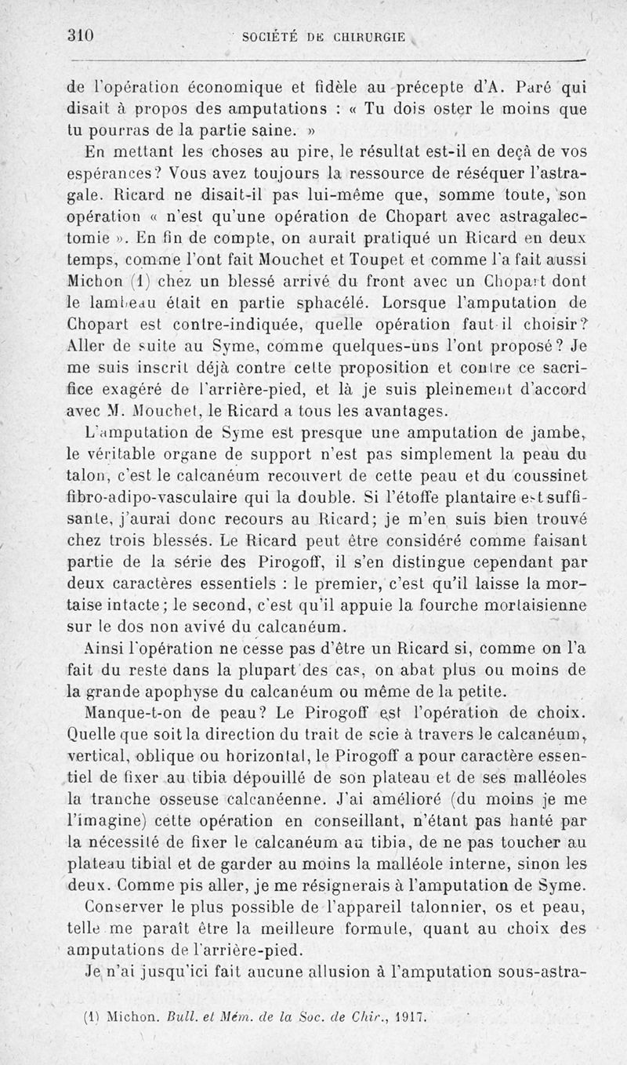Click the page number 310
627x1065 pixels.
point(81,35)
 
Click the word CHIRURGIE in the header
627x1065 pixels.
point(371,36)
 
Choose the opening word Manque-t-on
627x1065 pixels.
point(130,714)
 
